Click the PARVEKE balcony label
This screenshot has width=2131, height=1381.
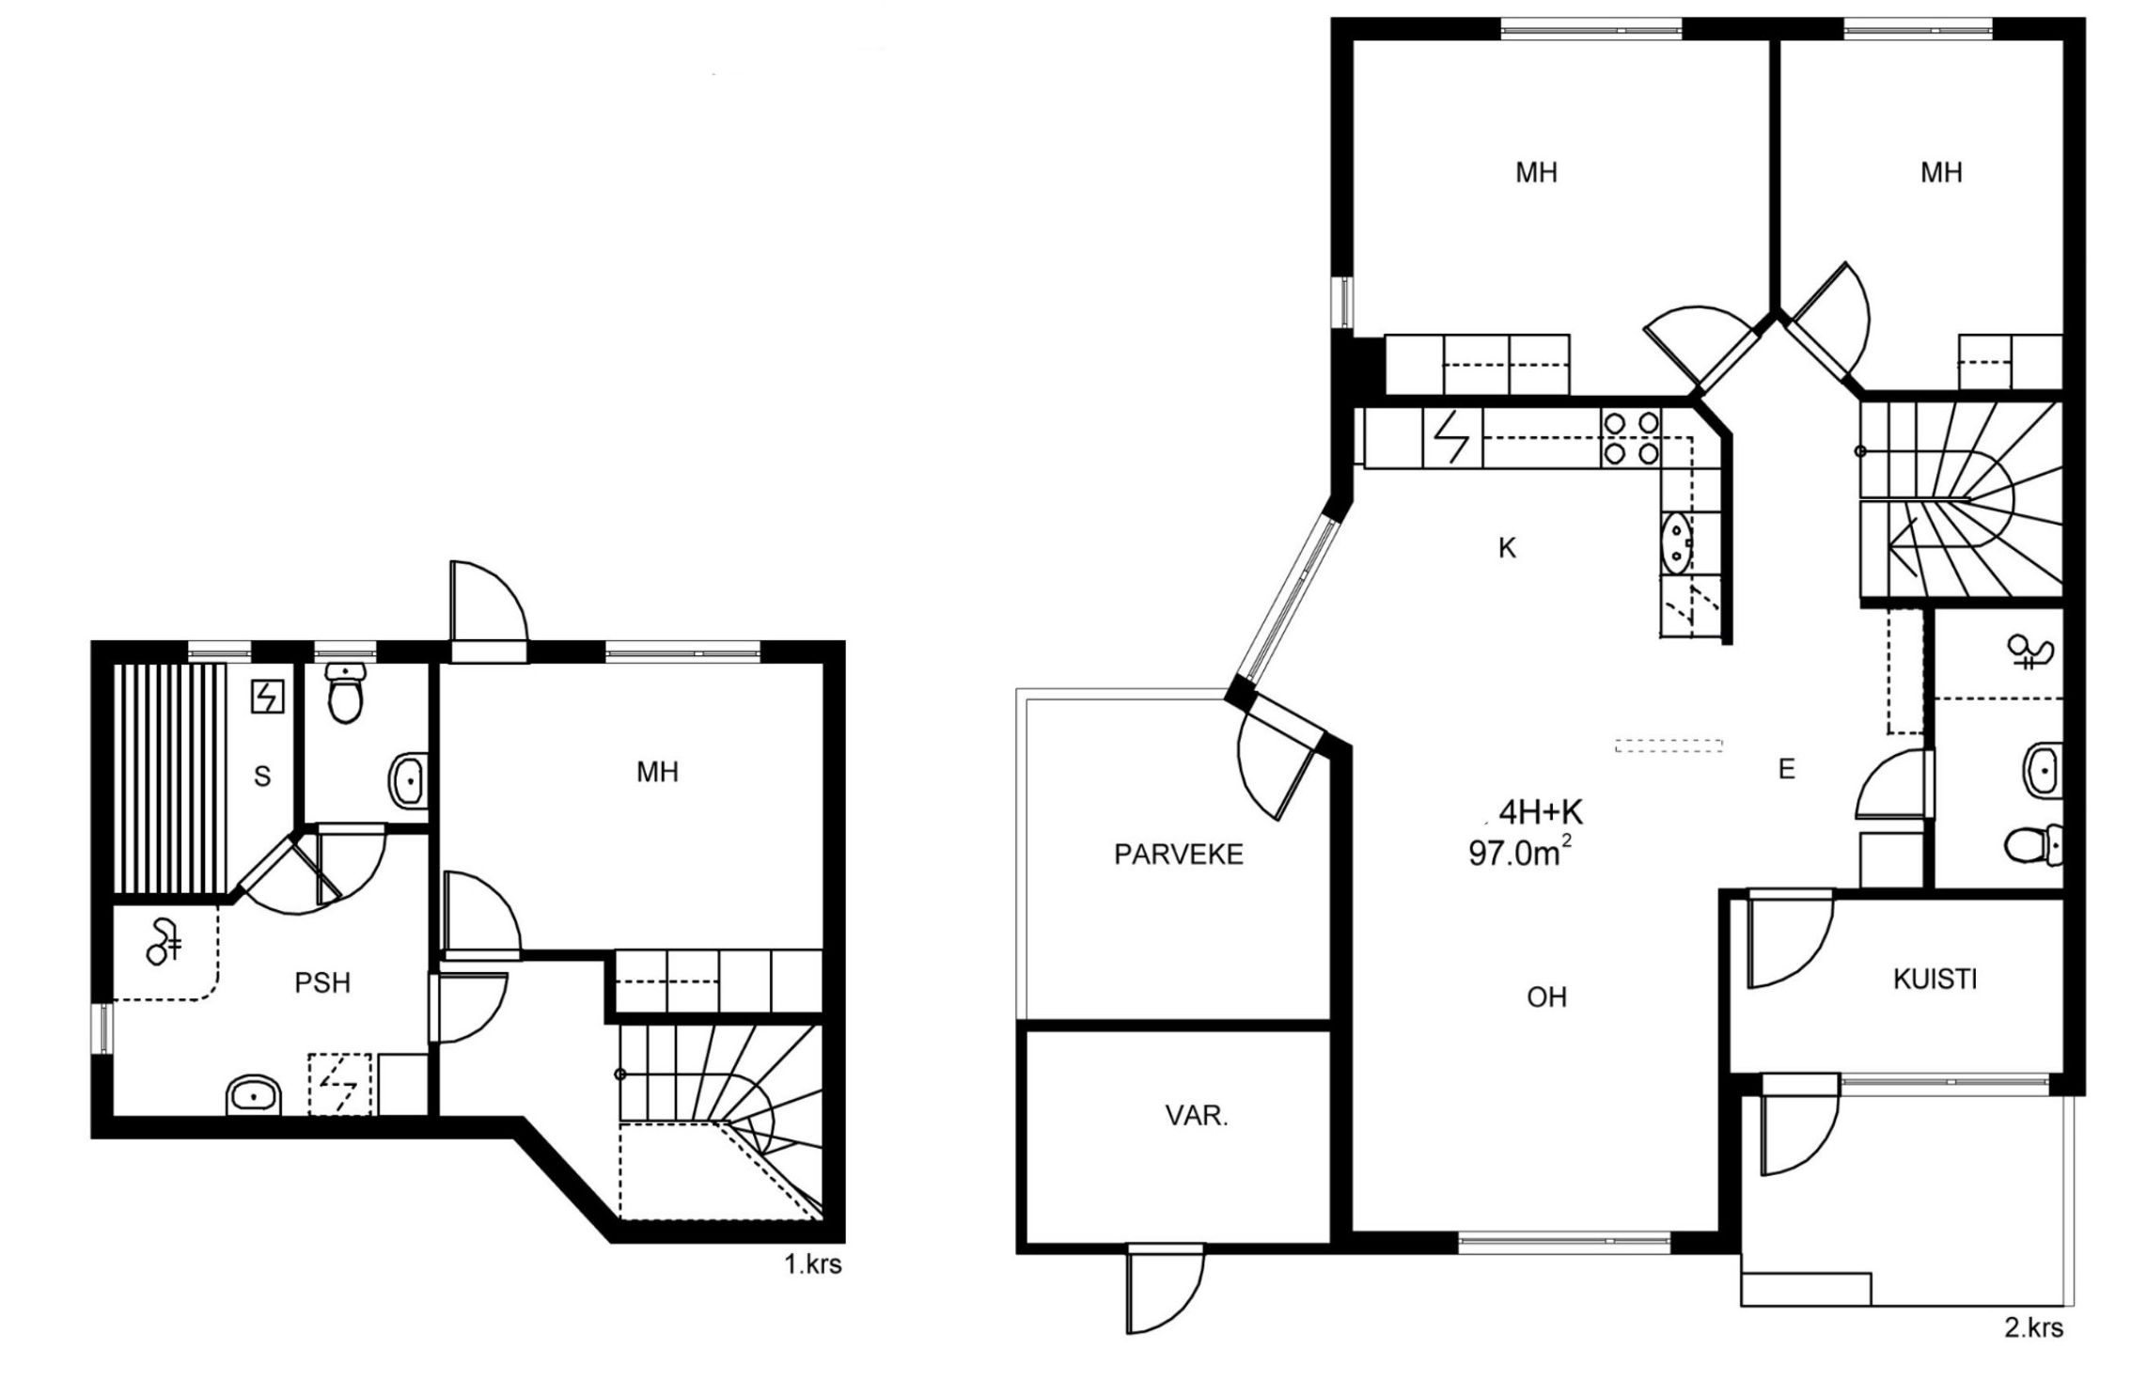[1179, 855]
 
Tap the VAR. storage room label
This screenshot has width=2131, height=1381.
[1197, 1116]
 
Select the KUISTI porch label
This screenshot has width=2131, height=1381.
[1935, 980]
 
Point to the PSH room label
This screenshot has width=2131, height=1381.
[322, 982]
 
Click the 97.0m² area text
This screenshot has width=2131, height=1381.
[1520, 853]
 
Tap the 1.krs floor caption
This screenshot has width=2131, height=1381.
[813, 1265]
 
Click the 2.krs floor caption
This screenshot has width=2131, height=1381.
[2034, 1328]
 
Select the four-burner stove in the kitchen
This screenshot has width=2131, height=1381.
[1631, 439]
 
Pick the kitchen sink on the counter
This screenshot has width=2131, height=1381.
[1676, 541]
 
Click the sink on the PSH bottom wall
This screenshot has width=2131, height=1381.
[255, 1095]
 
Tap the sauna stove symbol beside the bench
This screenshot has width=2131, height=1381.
[267, 697]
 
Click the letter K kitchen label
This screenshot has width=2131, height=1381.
[1507, 548]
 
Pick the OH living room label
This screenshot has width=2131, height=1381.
[1546, 997]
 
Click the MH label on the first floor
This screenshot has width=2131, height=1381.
[657, 773]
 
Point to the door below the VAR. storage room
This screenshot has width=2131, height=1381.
[1165, 1288]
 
